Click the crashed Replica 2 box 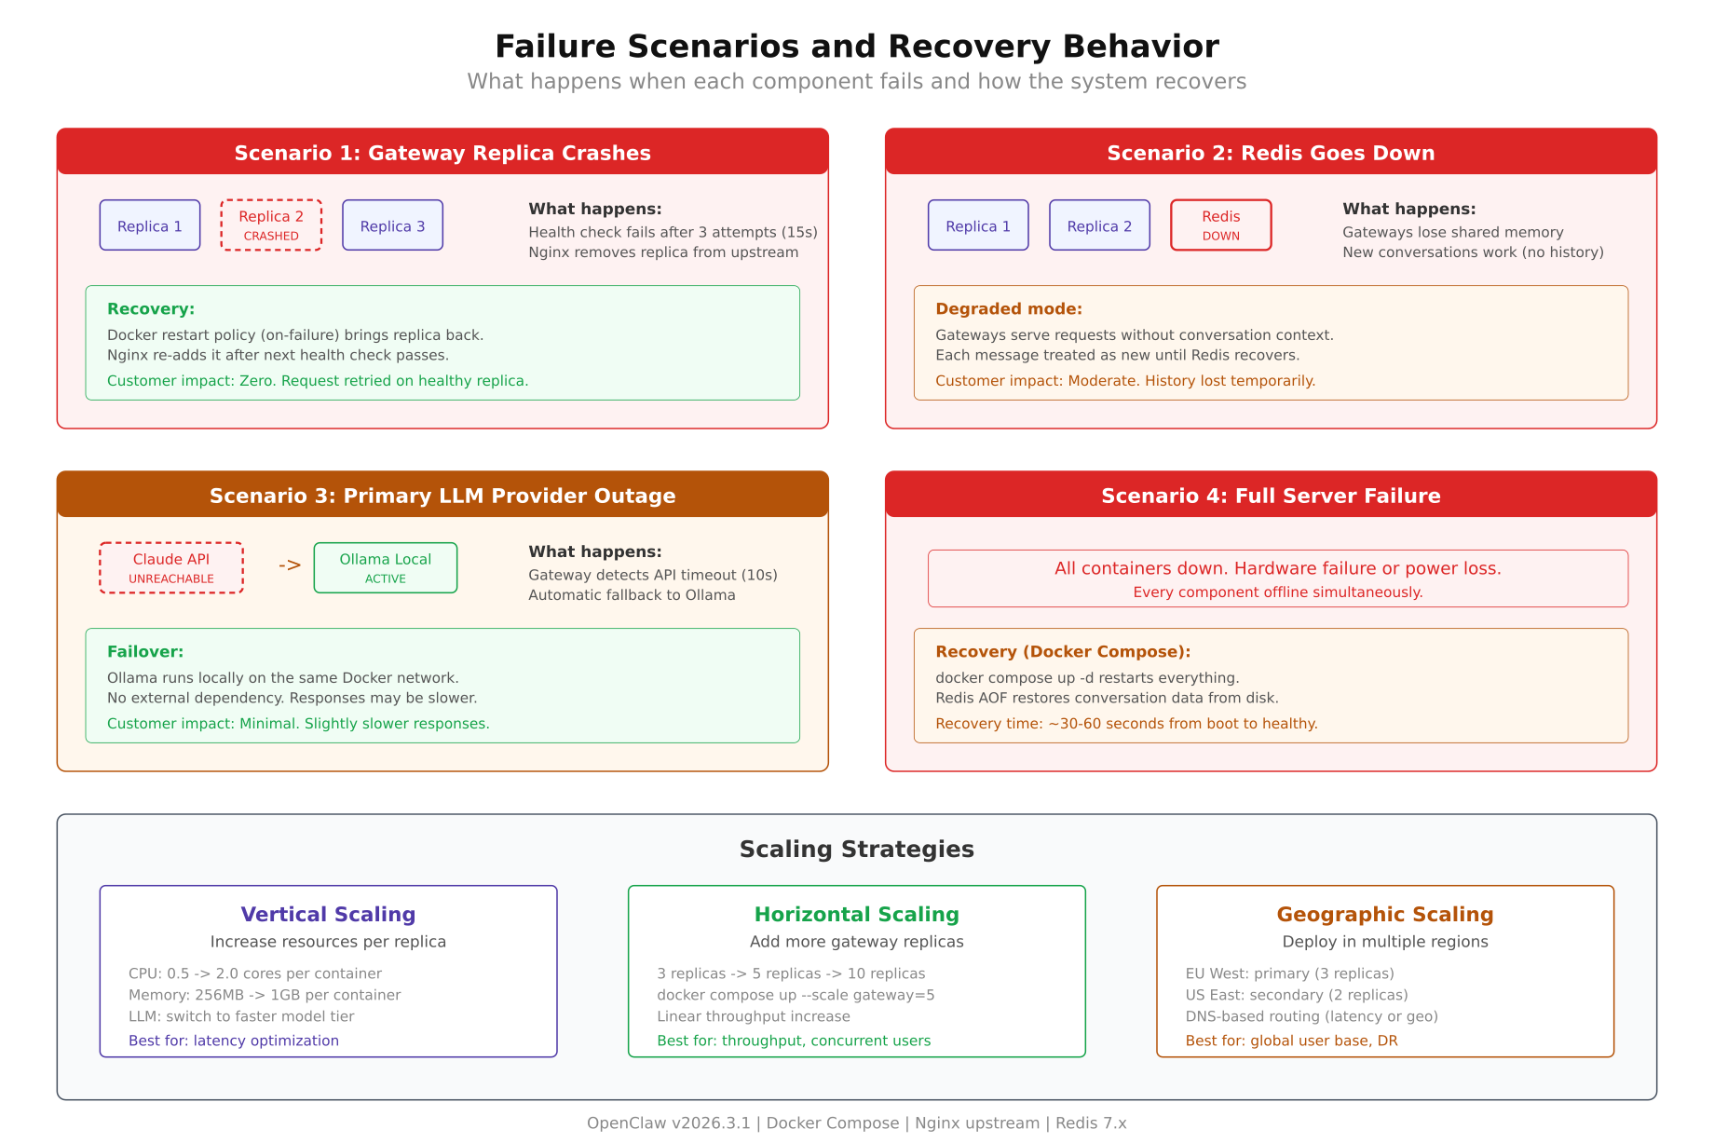click(x=271, y=225)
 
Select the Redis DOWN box click(x=1220, y=225)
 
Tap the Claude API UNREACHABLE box click(x=171, y=567)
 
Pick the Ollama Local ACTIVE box click(x=386, y=567)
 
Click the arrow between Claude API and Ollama click(x=290, y=565)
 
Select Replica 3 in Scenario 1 click(x=392, y=225)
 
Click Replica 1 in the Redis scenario click(x=978, y=225)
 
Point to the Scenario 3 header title click(x=442, y=496)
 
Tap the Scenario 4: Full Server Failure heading click(x=1271, y=496)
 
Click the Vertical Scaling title click(x=328, y=915)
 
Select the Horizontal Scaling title click(x=856, y=915)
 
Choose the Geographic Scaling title click(x=1384, y=915)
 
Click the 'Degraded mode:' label click(x=1008, y=309)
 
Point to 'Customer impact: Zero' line click(x=317, y=381)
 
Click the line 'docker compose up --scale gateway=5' click(x=796, y=995)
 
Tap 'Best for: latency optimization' click(x=233, y=1041)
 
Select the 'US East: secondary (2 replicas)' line click(x=1296, y=995)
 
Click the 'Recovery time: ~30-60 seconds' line click(x=1125, y=724)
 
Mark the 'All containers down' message click(x=1277, y=568)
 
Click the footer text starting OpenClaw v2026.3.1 click(x=856, y=1123)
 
